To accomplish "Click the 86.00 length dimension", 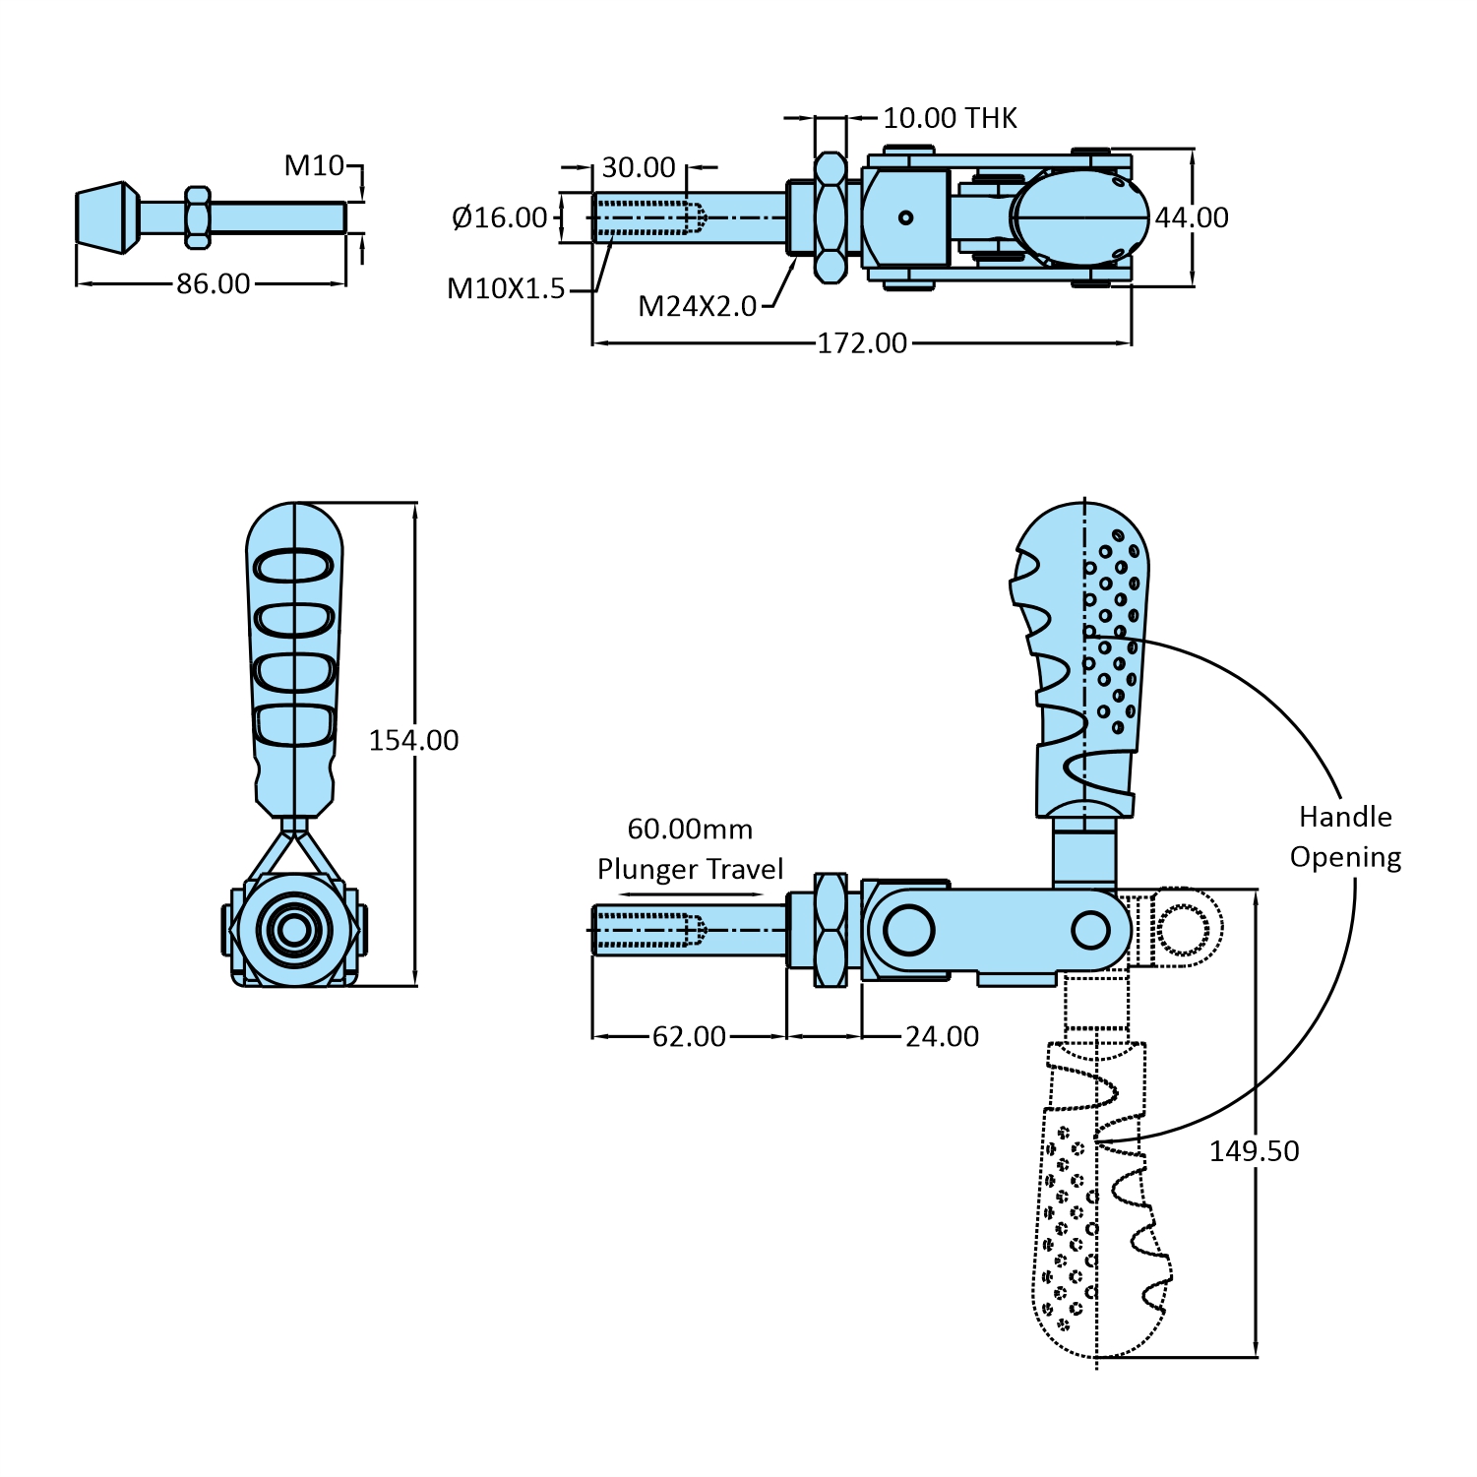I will tap(214, 284).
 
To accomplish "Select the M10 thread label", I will tap(314, 165).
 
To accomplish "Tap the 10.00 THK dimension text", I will tap(950, 118).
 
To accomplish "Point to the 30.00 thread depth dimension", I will tap(639, 167).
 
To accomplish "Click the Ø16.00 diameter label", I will tap(500, 217).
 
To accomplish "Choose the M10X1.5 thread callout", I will tap(506, 288).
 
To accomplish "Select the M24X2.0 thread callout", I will tap(697, 306).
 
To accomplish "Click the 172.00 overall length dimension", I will tap(862, 343).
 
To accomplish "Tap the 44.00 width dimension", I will tap(1192, 217).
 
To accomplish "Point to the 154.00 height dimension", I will tap(413, 740).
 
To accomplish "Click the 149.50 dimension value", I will tap(1254, 1150).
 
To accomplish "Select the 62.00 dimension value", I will tap(689, 1036).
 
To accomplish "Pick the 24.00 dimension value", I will tap(942, 1036).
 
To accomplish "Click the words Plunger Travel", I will tap(690, 869).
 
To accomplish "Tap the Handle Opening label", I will tap(1345, 836).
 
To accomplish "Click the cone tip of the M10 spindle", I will tap(105, 217).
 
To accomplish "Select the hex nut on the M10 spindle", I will tap(198, 217).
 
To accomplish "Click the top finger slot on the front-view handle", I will tap(294, 567).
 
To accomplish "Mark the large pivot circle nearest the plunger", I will tap(907, 930).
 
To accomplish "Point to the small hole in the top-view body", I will tap(905, 217).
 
